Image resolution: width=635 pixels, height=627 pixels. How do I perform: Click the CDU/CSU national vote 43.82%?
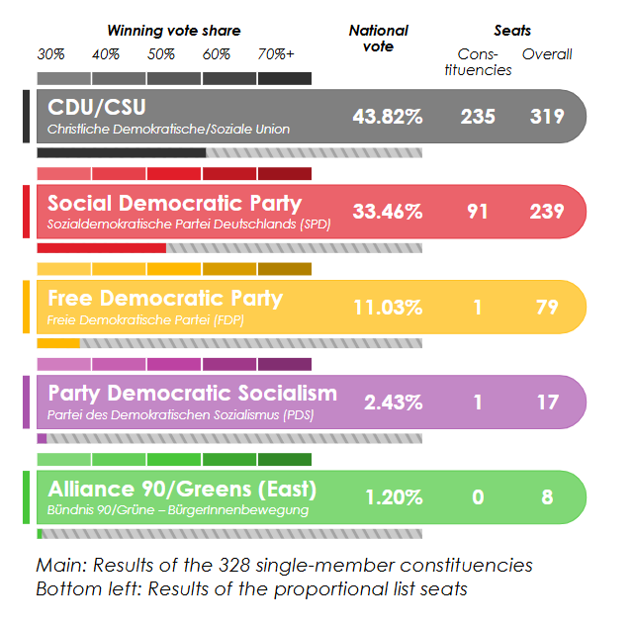click(x=387, y=117)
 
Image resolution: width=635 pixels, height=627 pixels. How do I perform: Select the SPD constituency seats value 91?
click(x=478, y=212)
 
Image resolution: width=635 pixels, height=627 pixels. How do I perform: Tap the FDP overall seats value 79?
click(x=547, y=308)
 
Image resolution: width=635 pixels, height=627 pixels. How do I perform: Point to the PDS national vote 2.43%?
click(x=393, y=403)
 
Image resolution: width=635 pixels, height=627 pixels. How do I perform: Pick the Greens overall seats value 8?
click(x=547, y=497)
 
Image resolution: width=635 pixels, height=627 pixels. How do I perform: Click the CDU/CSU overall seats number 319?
click(x=547, y=117)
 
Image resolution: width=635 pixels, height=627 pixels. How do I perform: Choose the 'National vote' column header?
click(x=379, y=39)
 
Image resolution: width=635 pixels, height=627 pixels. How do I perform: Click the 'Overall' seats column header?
click(x=547, y=54)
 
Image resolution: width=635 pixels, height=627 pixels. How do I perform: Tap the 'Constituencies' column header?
click(x=485, y=62)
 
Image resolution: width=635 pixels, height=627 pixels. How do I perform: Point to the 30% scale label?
click(x=50, y=54)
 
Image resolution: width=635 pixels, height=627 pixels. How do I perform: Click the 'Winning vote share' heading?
click(x=173, y=32)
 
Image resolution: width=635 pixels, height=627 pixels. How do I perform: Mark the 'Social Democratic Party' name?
click(x=174, y=204)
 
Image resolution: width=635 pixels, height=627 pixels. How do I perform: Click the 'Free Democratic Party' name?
click(x=165, y=299)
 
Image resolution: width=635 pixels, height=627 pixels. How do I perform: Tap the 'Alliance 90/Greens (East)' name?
click(x=182, y=490)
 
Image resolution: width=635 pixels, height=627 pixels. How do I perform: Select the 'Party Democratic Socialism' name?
click(x=192, y=394)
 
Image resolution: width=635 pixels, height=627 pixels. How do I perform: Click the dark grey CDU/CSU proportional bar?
click(x=121, y=152)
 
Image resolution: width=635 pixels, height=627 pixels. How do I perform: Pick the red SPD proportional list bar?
click(x=101, y=247)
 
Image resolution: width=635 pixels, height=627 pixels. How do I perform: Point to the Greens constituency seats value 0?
click(x=478, y=497)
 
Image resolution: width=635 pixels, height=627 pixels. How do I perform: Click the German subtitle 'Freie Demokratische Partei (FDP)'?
click(x=145, y=321)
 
